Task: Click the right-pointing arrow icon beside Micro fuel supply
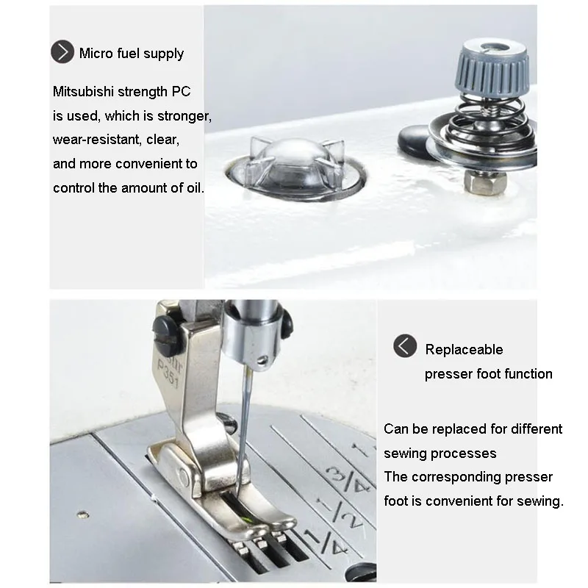coord(62,51)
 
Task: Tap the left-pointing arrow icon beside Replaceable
coord(405,345)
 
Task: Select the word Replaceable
coord(464,350)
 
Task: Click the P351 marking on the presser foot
coord(168,374)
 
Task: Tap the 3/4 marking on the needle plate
coord(347,478)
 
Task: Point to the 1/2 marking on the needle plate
coord(340,512)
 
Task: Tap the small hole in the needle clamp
coord(262,361)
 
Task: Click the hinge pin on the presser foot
coord(183,477)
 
